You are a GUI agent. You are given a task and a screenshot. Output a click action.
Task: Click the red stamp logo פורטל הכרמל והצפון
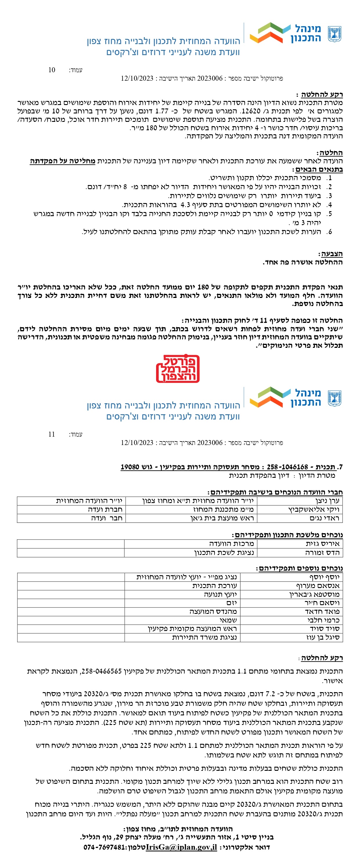(x=178, y=368)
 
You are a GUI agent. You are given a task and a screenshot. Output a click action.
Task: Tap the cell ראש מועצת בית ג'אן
(x=222, y=518)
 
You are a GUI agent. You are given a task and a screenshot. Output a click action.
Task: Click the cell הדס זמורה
(x=322, y=553)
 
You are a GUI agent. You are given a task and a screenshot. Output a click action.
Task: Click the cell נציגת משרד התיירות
(x=204, y=637)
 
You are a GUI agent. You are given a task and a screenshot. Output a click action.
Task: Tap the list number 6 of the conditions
(x=330, y=231)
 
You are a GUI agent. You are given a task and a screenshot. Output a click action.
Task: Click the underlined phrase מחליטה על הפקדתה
(x=62, y=161)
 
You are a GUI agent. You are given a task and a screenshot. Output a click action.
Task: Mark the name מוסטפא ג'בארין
(x=314, y=594)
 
